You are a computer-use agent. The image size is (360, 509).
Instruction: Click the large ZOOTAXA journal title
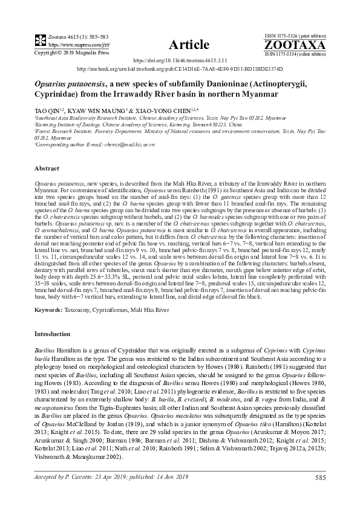pos(295,45)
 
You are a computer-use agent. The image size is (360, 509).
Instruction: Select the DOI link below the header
pos(180,61)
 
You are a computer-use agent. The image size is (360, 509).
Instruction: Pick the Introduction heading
pos(53,334)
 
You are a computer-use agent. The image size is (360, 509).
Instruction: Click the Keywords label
pos(48,310)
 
